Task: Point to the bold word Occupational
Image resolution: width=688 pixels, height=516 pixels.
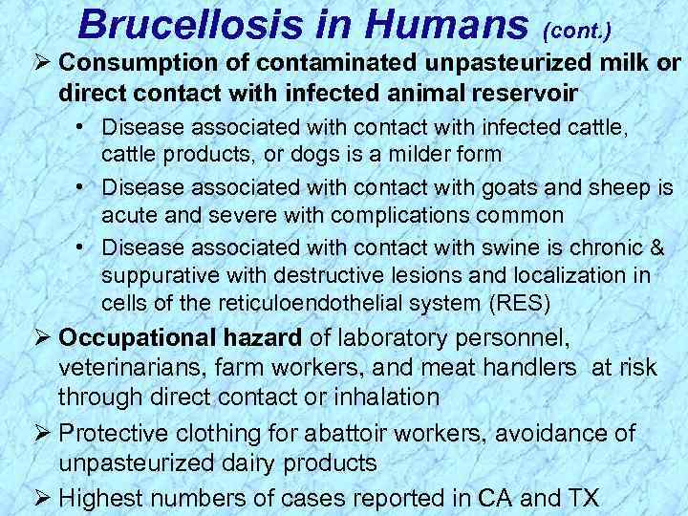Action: point(137,338)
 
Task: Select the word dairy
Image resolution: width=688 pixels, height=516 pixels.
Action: point(260,462)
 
